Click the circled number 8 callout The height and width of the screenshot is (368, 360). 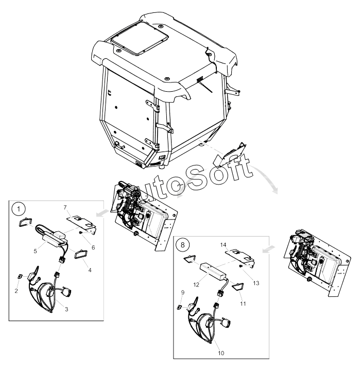(183, 245)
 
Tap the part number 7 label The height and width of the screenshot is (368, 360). (65, 207)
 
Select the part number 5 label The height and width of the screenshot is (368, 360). (35, 251)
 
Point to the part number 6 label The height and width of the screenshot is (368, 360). (93, 247)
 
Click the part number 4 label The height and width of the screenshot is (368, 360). (90, 270)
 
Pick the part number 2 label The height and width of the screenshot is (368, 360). (16, 291)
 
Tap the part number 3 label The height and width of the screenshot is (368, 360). (66, 309)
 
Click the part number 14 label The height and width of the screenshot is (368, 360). (224, 245)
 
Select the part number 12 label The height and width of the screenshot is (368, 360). (196, 285)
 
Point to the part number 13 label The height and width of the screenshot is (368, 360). (256, 283)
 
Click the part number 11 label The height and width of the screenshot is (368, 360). (243, 304)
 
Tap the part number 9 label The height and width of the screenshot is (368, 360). (183, 293)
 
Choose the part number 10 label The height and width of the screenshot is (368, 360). (221, 353)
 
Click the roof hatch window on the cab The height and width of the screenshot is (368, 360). (140, 38)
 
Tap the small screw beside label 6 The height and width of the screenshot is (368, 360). (81, 232)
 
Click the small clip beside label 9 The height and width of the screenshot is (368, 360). (180, 307)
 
